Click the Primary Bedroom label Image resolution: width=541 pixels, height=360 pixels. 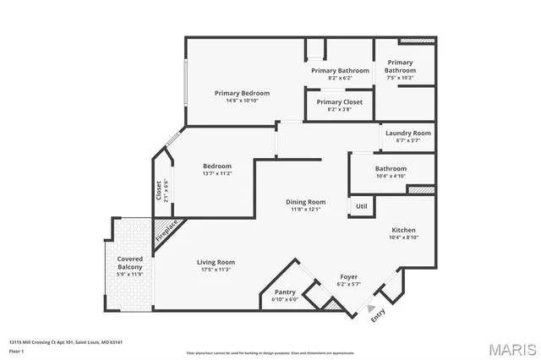click(x=242, y=93)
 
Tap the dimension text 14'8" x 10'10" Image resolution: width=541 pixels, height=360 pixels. click(x=242, y=101)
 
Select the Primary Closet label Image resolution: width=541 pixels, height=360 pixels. click(x=340, y=102)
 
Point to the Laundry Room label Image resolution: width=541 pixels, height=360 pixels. click(x=408, y=134)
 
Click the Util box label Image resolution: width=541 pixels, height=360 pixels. click(x=361, y=205)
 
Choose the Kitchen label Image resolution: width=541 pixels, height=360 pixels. click(x=403, y=230)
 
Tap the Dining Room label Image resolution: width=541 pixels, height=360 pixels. click(x=305, y=202)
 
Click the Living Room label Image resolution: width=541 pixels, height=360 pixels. click(x=216, y=262)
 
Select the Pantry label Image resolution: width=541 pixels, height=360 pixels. click(x=284, y=292)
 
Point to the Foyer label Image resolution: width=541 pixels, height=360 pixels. click(x=348, y=276)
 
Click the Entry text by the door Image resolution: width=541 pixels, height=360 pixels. click(x=377, y=316)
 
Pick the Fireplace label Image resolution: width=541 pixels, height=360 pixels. click(x=166, y=230)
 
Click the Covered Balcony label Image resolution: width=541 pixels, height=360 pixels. click(x=130, y=263)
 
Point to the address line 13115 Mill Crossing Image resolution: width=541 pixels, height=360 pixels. click(x=66, y=341)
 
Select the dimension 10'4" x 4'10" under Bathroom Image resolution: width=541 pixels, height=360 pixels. click(x=391, y=176)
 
